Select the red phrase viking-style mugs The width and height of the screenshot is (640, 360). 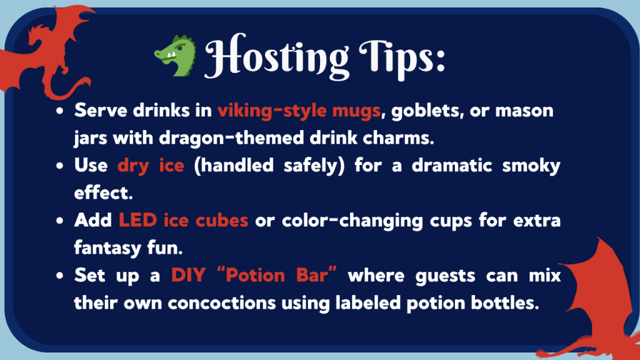(x=299, y=111)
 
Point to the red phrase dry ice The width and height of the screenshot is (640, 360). (x=151, y=166)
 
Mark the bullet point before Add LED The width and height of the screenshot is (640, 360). (x=59, y=222)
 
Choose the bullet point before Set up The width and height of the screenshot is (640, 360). (x=59, y=277)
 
